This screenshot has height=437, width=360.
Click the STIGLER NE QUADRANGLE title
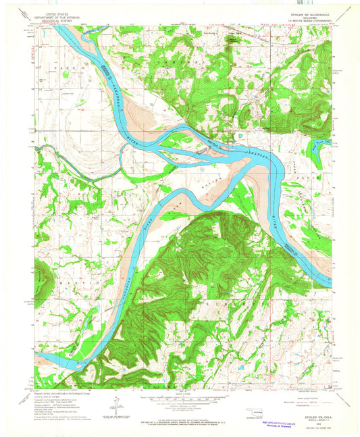301,12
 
